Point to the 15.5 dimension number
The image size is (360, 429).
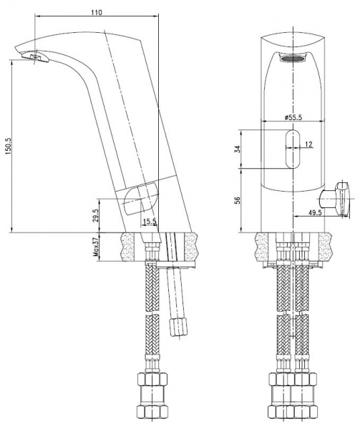click(148, 223)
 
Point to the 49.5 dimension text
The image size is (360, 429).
click(335, 212)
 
